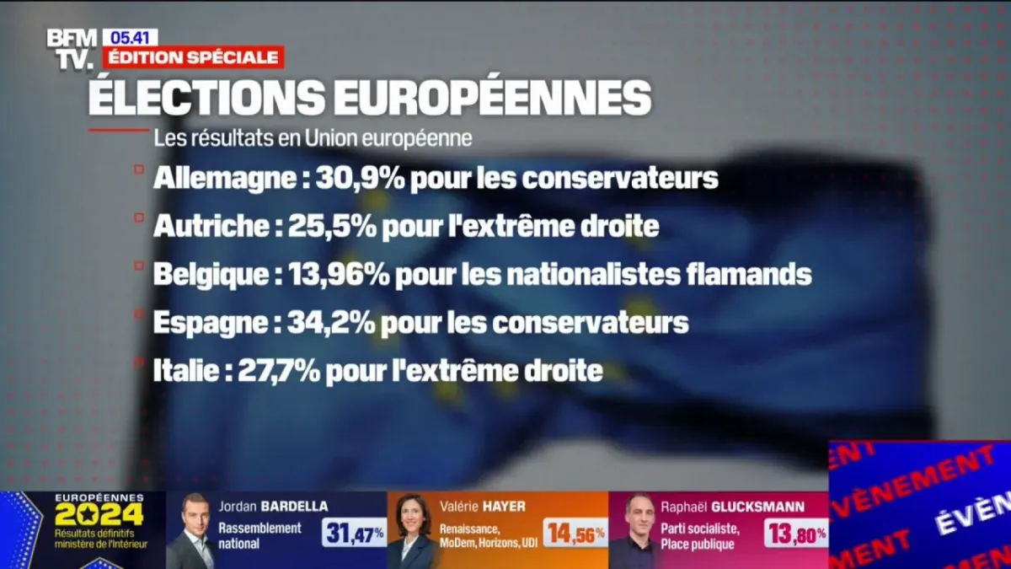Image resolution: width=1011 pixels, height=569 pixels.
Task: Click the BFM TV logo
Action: pyautogui.click(x=72, y=48)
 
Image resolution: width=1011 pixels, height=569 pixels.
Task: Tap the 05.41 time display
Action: pyautogui.click(x=130, y=37)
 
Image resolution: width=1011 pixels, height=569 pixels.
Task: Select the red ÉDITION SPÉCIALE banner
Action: pyautogui.click(x=193, y=57)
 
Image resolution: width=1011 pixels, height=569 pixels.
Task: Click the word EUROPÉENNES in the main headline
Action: pyautogui.click(x=493, y=97)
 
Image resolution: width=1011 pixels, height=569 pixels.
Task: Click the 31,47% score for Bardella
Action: pyautogui.click(x=354, y=533)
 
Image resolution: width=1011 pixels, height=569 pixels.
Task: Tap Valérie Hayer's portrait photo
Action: pyautogui.click(x=414, y=531)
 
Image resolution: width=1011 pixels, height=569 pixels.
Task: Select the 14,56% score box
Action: pyautogui.click(x=575, y=533)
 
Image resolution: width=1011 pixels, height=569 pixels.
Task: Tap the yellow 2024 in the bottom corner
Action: pyautogui.click(x=99, y=514)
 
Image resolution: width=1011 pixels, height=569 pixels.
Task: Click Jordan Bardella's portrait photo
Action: pyautogui.click(x=192, y=531)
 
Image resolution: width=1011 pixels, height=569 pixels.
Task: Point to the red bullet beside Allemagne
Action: pyautogui.click(x=138, y=169)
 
